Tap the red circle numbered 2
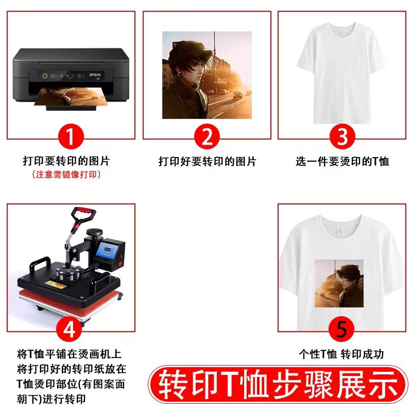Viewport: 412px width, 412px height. click(x=207, y=137)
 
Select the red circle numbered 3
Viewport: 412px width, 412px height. click(x=342, y=137)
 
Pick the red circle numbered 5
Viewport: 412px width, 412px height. click(x=342, y=330)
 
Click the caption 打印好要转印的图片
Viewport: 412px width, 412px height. click(x=207, y=162)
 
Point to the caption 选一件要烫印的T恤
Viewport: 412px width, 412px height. click(x=342, y=162)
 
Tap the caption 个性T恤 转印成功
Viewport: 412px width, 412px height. click(x=341, y=354)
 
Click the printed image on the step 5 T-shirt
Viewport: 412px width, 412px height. click(x=339, y=283)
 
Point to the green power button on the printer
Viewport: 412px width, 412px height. click(x=45, y=76)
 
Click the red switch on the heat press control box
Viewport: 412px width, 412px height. click(x=122, y=264)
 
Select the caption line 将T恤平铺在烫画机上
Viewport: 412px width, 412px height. click(x=69, y=354)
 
